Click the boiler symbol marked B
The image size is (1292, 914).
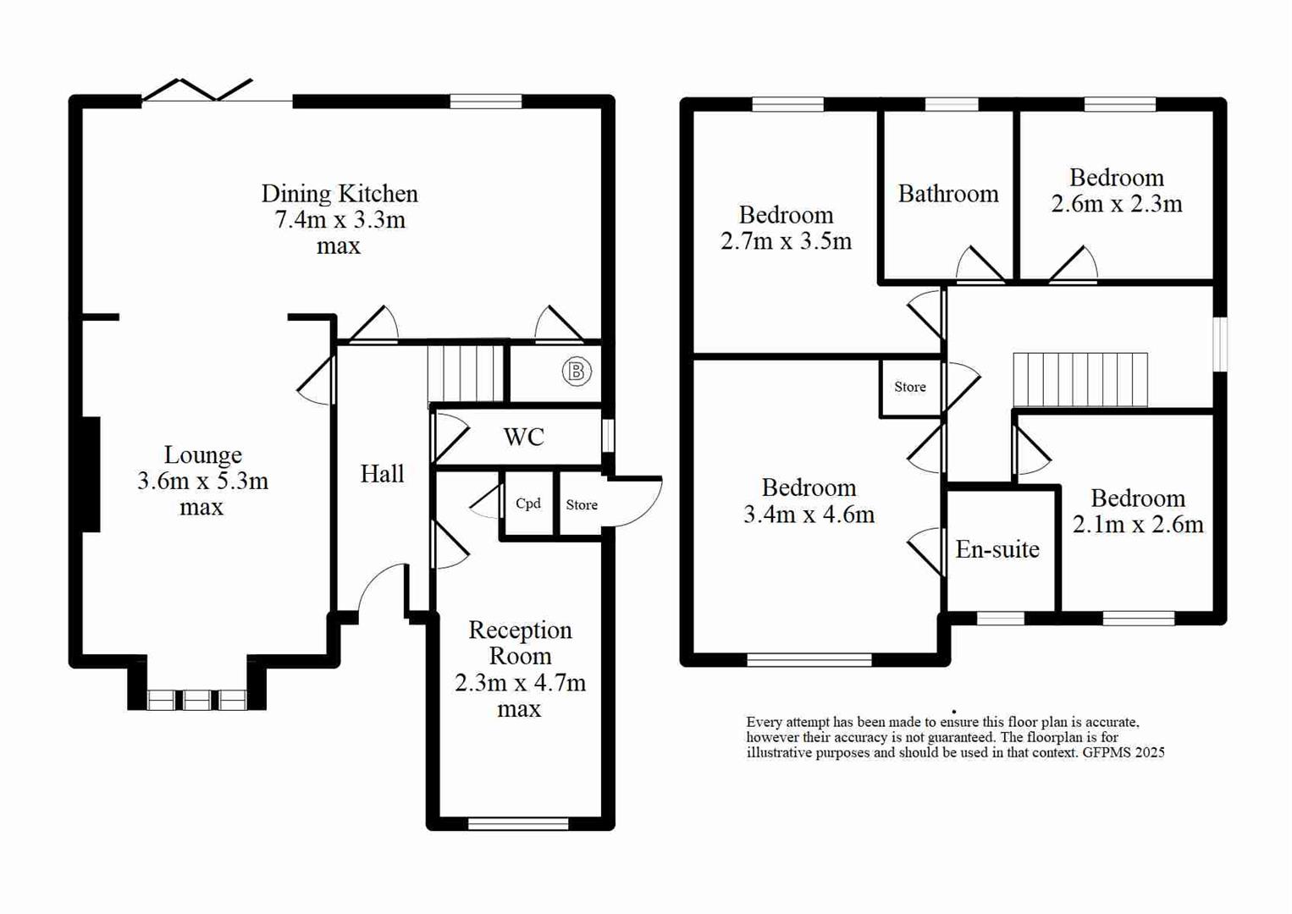click(577, 372)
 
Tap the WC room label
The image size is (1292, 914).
click(523, 437)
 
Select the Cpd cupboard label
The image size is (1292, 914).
click(528, 504)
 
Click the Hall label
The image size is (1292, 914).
click(382, 474)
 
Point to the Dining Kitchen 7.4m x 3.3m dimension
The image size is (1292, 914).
click(340, 220)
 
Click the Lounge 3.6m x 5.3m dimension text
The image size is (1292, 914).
click(202, 482)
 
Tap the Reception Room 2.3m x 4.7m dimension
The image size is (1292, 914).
click(520, 683)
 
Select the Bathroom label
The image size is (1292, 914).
click(948, 194)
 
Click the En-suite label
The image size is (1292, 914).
click(997, 550)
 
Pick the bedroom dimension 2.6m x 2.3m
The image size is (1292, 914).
click(1116, 204)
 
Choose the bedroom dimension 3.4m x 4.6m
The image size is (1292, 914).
click(809, 515)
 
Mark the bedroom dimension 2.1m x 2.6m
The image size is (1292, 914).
click(1137, 525)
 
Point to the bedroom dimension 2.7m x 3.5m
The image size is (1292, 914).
click(786, 241)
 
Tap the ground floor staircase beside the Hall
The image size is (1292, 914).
click(465, 372)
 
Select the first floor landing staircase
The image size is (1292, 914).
click(1080, 380)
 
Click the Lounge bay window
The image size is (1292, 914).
click(196, 699)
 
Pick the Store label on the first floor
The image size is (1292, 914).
click(910, 387)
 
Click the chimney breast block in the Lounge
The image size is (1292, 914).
click(91, 475)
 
